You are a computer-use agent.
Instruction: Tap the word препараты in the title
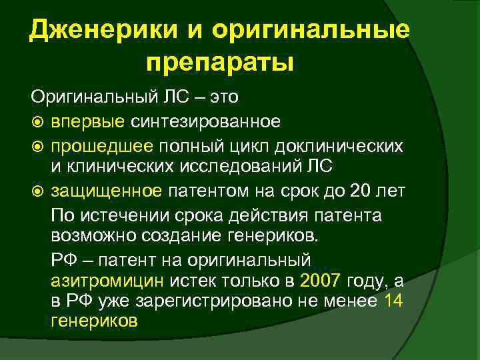220,64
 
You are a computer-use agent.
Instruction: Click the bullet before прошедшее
37,146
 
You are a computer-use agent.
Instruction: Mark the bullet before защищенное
37,193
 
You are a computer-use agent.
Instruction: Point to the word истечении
119,216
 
